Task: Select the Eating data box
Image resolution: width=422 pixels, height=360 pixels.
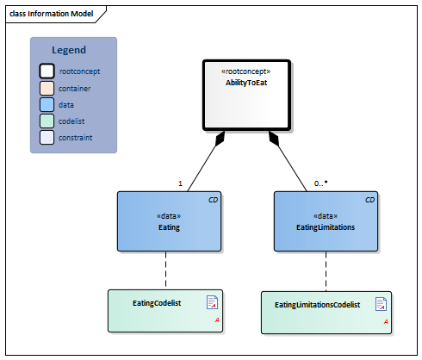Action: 169,220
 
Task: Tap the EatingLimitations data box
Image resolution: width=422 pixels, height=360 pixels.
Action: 326,220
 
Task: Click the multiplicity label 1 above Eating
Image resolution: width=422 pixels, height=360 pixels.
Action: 180,183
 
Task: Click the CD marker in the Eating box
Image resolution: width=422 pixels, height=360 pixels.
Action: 213,200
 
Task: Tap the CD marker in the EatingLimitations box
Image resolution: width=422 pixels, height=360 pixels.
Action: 369,200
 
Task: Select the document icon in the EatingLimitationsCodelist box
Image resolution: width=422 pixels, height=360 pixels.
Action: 381,304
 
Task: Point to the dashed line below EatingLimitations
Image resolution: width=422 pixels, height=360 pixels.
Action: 326,270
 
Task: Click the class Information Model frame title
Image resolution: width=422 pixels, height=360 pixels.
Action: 51,14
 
